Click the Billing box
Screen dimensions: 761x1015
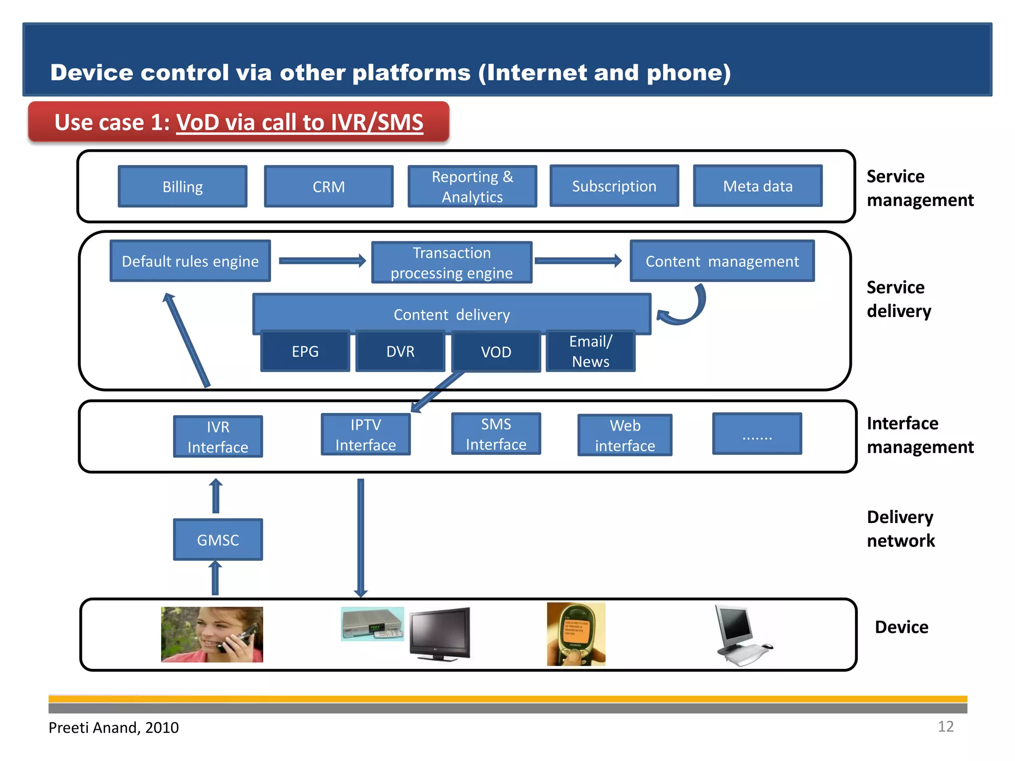tap(182, 186)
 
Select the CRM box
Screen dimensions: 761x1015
tap(329, 186)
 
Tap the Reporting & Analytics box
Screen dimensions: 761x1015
tap(472, 186)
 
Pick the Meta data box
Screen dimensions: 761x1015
tap(757, 186)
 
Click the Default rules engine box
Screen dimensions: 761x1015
tap(190, 261)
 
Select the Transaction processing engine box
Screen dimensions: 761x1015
tap(451, 263)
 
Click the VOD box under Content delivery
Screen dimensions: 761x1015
tap(496, 352)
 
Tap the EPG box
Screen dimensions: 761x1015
tap(305, 351)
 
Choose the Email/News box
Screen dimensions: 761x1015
tap(590, 351)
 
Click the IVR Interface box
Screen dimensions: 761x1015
tap(218, 436)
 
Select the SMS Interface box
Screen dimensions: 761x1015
tap(496, 434)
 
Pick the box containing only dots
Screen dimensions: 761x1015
tap(757, 434)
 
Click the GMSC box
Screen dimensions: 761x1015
tap(218, 540)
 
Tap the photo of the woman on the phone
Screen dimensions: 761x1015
tap(212, 634)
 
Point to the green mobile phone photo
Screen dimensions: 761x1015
tap(576, 634)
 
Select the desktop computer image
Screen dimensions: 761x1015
tap(742, 636)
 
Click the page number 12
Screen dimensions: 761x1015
tap(945, 726)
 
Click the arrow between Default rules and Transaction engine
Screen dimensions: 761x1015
tap(322, 261)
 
